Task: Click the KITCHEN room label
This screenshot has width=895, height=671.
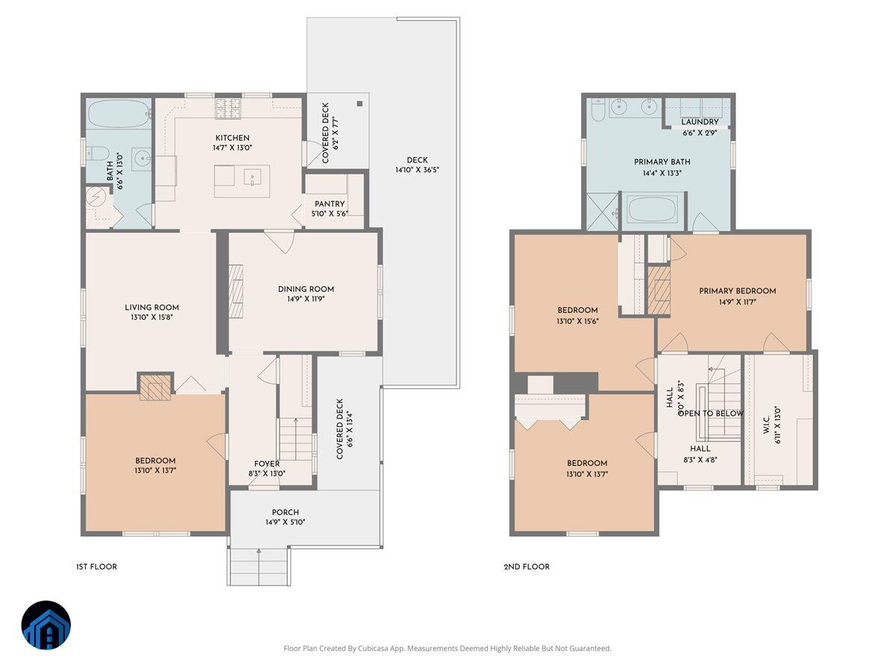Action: click(232, 138)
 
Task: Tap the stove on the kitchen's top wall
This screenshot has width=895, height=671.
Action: click(229, 109)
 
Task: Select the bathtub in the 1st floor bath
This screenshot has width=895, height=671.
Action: click(119, 115)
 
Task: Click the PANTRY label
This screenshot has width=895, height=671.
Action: click(329, 204)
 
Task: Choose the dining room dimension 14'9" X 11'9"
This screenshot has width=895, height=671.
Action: click(306, 298)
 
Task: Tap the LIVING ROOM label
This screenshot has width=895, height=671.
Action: click(151, 307)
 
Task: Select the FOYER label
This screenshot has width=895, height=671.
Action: click(266, 463)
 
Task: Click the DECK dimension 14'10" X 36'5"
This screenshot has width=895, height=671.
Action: click(417, 170)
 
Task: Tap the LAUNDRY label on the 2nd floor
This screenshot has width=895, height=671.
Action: click(700, 122)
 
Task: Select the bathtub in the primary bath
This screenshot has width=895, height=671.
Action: click(653, 210)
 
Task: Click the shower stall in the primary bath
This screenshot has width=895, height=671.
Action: click(602, 212)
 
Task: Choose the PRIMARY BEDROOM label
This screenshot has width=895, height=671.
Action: click(737, 291)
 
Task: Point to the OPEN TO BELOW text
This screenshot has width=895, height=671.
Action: click(710, 413)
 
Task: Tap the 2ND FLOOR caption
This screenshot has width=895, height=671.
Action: click(527, 567)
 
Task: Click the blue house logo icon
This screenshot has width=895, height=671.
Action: click(45, 625)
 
